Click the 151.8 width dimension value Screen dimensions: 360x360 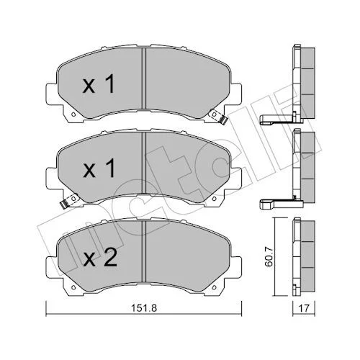tap(144, 308)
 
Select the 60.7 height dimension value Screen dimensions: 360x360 tap(269, 257)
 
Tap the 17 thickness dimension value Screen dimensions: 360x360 tap(304, 308)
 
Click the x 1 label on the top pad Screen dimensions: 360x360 tap(99, 84)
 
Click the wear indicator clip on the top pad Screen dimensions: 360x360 tap(218, 116)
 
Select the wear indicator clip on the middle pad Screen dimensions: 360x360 tap(68, 201)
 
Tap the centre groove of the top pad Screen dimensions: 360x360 tap(144, 78)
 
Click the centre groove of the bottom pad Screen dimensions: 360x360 tap(144, 251)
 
